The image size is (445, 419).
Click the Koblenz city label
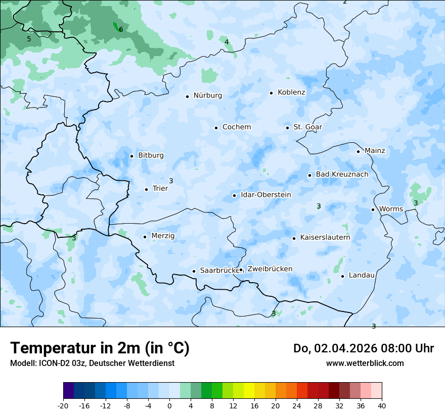coord(291,92)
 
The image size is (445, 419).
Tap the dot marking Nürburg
coord(187,96)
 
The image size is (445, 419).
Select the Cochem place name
coord(237,127)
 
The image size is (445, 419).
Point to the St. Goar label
coord(307,127)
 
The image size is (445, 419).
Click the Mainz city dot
coord(358,151)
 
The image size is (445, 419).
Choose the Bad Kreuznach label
coord(342,174)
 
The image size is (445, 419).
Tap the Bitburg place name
coord(151,155)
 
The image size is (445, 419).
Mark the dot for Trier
coord(146,189)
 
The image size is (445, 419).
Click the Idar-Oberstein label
coord(265,195)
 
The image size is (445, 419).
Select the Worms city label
coord(391,209)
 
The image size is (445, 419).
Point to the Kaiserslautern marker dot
coord(294,238)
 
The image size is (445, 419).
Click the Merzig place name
coord(163,236)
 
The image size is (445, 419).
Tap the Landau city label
coord(362,275)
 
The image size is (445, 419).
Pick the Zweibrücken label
coord(270,269)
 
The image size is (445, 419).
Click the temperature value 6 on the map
coord(121,29)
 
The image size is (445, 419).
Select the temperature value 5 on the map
coord(29,39)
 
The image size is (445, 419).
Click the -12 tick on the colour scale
coord(106,406)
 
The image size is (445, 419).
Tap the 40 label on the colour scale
coord(382,406)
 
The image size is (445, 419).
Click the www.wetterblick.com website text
coord(365,363)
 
